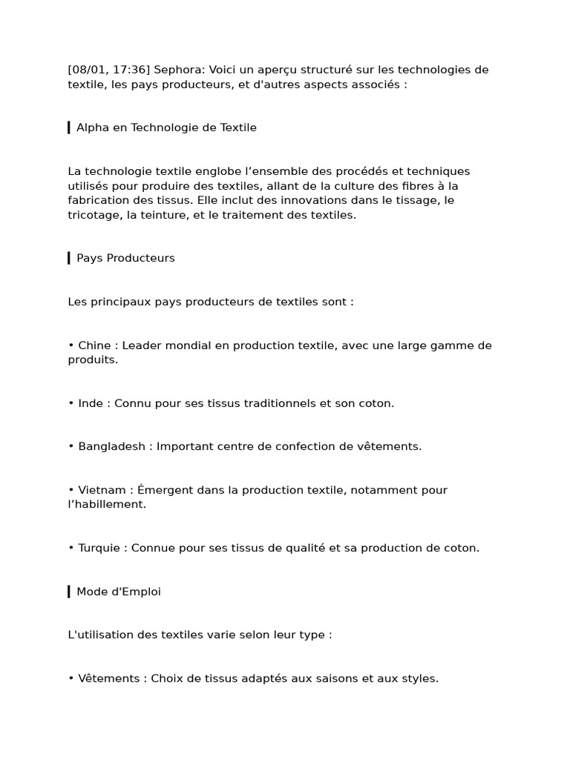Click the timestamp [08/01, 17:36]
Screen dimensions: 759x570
click(x=109, y=70)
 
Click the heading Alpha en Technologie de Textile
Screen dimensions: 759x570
click(x=166, y=127)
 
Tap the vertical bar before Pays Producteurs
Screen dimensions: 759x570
click(x=69, y=258)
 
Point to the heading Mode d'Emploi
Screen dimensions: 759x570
click(x=119, y=591)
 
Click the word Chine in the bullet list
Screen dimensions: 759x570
click(x=94, y=345)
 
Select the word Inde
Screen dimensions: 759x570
click(x=91, y=403)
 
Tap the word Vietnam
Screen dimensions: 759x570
click(x=100, y=490)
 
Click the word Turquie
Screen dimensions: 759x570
click(x=100, y=548)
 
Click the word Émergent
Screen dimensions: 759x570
click(x=166, y=490)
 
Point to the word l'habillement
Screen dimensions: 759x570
click(x=107, y=505)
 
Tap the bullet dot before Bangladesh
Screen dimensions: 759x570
click(x=71, y=446)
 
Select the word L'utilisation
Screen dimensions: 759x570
click(x=104, y=635)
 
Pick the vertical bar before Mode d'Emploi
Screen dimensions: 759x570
click(x=69, y=591)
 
